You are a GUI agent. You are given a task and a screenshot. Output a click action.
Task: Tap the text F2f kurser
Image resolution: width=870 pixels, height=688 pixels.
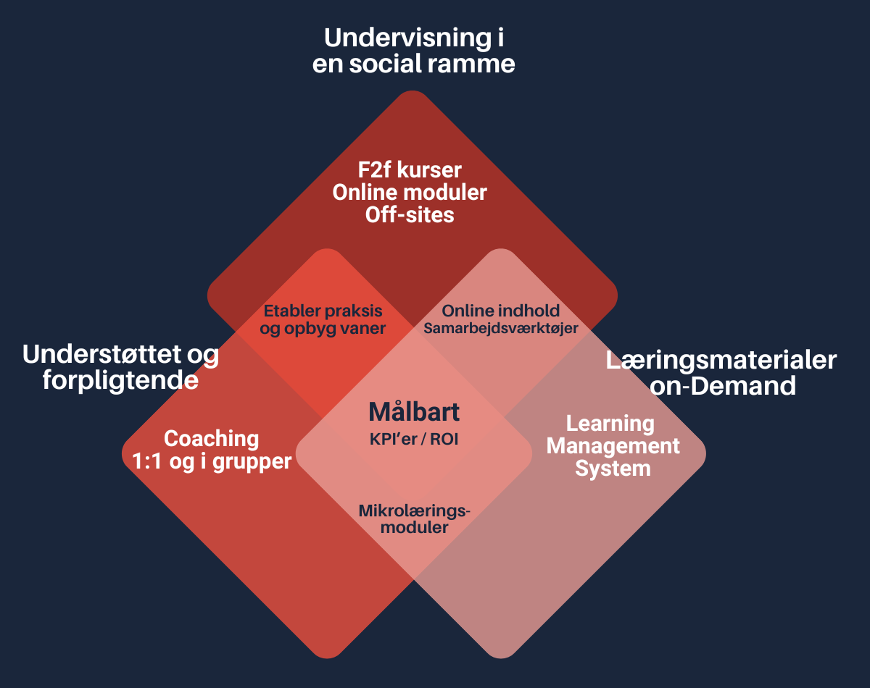coord(410,172)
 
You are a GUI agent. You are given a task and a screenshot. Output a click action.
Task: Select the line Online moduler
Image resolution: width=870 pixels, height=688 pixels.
coord(410,193)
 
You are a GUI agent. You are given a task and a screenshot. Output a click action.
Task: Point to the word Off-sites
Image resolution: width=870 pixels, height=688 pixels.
coord(410,215)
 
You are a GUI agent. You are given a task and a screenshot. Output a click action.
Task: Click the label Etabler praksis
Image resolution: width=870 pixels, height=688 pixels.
coord(323,311)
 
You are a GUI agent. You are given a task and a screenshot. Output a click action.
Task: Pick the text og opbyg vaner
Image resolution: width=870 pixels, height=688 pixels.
coord(323,327)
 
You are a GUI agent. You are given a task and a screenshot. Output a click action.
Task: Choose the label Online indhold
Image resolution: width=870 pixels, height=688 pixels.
coord(501,311)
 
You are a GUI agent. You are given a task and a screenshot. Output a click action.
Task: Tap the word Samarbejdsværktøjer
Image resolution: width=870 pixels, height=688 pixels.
coord(501,328)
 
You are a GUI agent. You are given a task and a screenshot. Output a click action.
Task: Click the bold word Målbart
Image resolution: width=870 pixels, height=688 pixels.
coord(414,411)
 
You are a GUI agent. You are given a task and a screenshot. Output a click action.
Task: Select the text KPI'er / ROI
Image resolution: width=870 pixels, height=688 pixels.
coord(414,439)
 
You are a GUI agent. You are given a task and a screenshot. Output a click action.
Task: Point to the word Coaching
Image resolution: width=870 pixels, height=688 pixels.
coord(211,438)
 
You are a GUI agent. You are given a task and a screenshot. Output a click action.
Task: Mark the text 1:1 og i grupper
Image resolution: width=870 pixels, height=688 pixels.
coord(211,461)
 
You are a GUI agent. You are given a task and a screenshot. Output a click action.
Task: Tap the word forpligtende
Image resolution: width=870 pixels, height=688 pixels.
coord(120,379)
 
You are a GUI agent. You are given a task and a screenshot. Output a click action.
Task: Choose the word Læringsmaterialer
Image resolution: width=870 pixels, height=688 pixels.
coord(721,360)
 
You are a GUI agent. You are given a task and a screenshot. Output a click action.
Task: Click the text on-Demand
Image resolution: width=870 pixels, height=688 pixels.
coord(723,385)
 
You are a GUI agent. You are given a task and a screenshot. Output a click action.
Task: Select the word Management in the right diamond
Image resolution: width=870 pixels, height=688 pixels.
coord(613,445)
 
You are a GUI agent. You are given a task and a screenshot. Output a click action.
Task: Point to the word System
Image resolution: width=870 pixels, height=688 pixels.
coord(613,469)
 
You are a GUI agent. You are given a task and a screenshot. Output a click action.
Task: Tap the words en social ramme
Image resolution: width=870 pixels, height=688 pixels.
coord(413,64)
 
